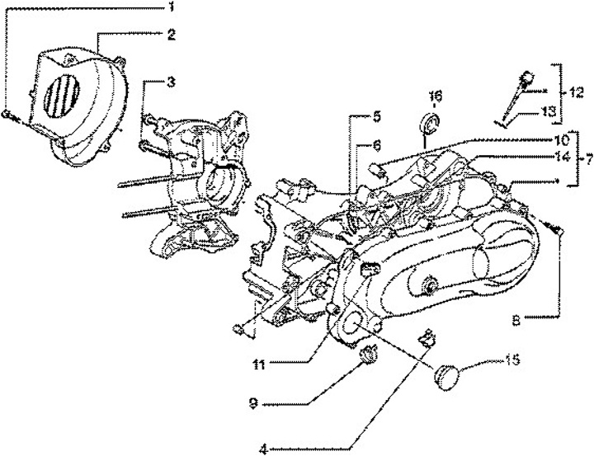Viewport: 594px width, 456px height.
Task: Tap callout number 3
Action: (171, 82)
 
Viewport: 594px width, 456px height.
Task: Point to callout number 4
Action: (262, 449)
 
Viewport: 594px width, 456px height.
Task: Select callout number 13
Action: (548, 111)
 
